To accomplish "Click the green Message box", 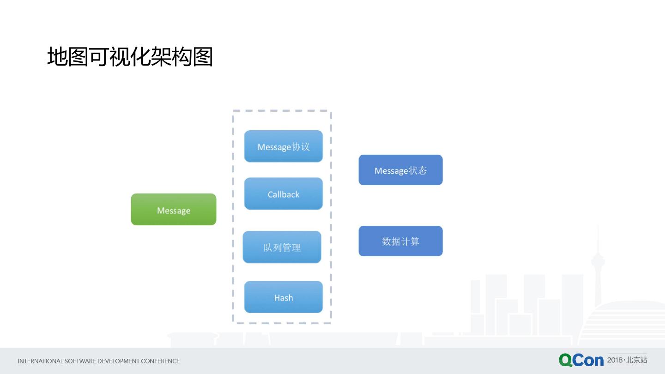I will (174, 210).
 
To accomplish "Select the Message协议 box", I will (284, 146).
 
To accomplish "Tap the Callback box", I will (284, 194).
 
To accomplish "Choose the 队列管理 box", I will (282, 247).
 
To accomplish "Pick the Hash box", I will (284, 297).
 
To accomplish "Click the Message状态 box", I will (400, 170).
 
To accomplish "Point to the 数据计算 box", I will (400, 241).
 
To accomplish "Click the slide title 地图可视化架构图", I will (130, 57).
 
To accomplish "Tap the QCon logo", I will (581, 360).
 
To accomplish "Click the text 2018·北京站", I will (627, 360).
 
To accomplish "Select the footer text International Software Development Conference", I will (98, 361).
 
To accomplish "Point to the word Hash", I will (284, 298).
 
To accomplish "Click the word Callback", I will (284, 194).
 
